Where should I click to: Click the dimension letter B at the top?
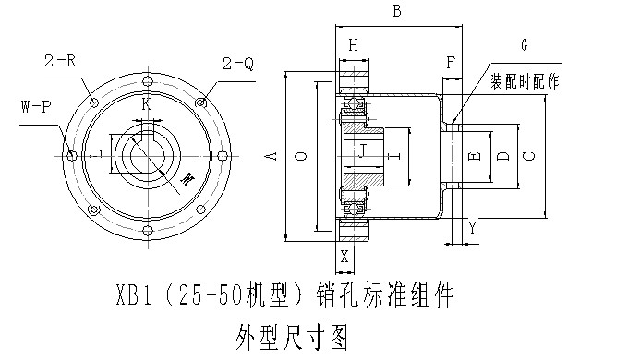(x=397, y=10)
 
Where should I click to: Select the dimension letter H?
(x=354, y=45)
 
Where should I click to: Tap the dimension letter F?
(x=451, y=63)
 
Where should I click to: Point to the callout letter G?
(x=525, y=44)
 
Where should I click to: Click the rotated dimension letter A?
(x=272, y=156)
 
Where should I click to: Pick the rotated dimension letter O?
(x=301, y=156)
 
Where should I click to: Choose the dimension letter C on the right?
(x=529, y=156)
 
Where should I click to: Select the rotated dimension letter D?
(x=505, y=156)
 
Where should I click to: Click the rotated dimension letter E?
(x=475, y=156)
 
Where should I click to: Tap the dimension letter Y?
(x=472, y=228)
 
